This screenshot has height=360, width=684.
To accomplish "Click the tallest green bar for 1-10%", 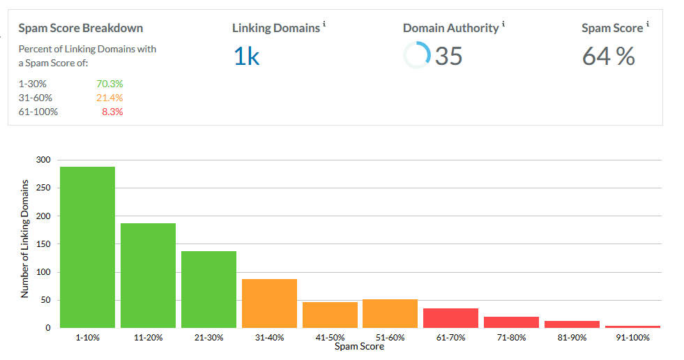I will pos(87,247).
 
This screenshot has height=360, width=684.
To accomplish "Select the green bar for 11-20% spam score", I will pos(148,275).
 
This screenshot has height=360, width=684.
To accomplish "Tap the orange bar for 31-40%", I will pos(269,303).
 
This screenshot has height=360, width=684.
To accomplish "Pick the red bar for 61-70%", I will pos(450,317).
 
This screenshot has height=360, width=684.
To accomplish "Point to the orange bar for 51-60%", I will pos(390,313).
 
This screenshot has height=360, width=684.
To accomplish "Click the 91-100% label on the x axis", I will pos(632,338).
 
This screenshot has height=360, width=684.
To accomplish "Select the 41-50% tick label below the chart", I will pos(330,338).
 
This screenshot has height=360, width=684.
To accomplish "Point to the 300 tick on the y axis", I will pos(44,160).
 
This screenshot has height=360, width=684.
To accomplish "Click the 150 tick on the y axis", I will pos(44,244).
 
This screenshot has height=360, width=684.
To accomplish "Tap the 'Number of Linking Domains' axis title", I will pos(25,239).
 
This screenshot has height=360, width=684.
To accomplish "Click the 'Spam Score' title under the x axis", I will pos(359,347).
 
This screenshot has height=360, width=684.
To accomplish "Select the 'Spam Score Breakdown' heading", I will pos(80,29).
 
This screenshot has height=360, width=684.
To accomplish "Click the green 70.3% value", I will pos(109,84).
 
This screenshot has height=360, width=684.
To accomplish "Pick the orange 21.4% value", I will pos(109,98).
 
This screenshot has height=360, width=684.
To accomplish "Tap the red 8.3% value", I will pos(112,112).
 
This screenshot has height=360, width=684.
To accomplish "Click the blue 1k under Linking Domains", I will pos(246,57).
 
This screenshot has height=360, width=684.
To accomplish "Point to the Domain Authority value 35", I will pos(448,56).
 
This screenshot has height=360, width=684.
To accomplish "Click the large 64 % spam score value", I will pos(608,57).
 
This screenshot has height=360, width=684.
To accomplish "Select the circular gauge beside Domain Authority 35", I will pos(417,55).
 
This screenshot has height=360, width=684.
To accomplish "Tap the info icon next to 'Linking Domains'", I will pos(325,25).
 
